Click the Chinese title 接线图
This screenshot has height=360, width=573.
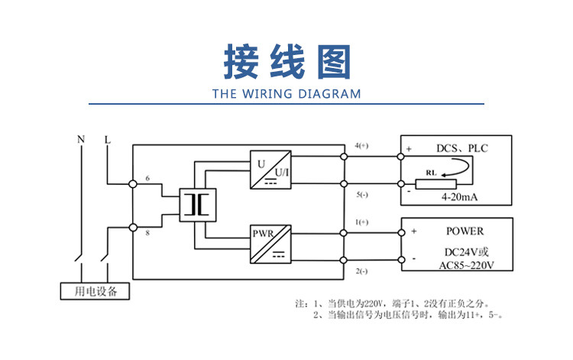[287, 61]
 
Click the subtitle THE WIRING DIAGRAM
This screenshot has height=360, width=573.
[286, 94]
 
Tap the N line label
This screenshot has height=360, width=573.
[81, 139]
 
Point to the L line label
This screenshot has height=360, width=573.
[107, 140]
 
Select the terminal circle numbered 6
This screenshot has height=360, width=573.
[133, 184]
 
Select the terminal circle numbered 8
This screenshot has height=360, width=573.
[133, 227]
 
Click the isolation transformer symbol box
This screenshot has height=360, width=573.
[198, 205]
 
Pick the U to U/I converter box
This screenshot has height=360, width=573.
[270, 170]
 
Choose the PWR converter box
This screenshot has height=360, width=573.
[270, 244]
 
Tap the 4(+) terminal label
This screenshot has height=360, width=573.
[361, 145]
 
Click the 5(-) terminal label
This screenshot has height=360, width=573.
[362, 195]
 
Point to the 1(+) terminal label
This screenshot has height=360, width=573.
[361, 222]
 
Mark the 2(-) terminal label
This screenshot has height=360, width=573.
[362, 271]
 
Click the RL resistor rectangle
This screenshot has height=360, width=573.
[435, 184]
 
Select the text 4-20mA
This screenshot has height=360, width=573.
[459, 197]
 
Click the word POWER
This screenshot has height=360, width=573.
[465, 231]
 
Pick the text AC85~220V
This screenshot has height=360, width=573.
[466, 265]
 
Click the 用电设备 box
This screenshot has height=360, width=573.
[95, 291]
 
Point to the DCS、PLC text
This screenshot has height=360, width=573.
[462, 148]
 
